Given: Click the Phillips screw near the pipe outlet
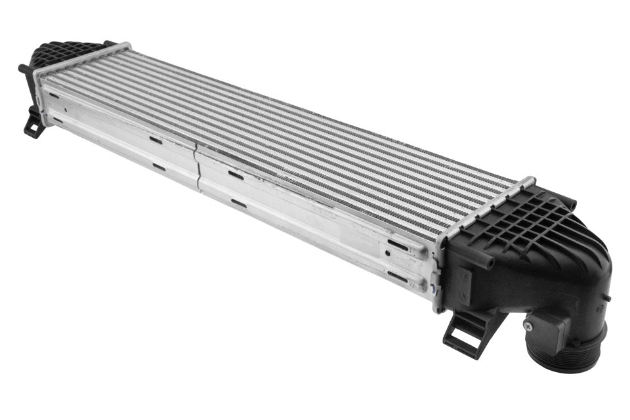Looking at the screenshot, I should [x=530, y=324].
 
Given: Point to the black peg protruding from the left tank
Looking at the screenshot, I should [x=24, y=68].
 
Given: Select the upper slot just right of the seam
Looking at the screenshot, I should [x=236, y=175].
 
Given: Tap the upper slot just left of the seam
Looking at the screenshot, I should [x=156, y=139].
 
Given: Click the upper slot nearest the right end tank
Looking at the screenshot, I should [x=396, y=243].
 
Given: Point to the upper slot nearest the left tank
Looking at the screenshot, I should [x=53, y=96].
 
